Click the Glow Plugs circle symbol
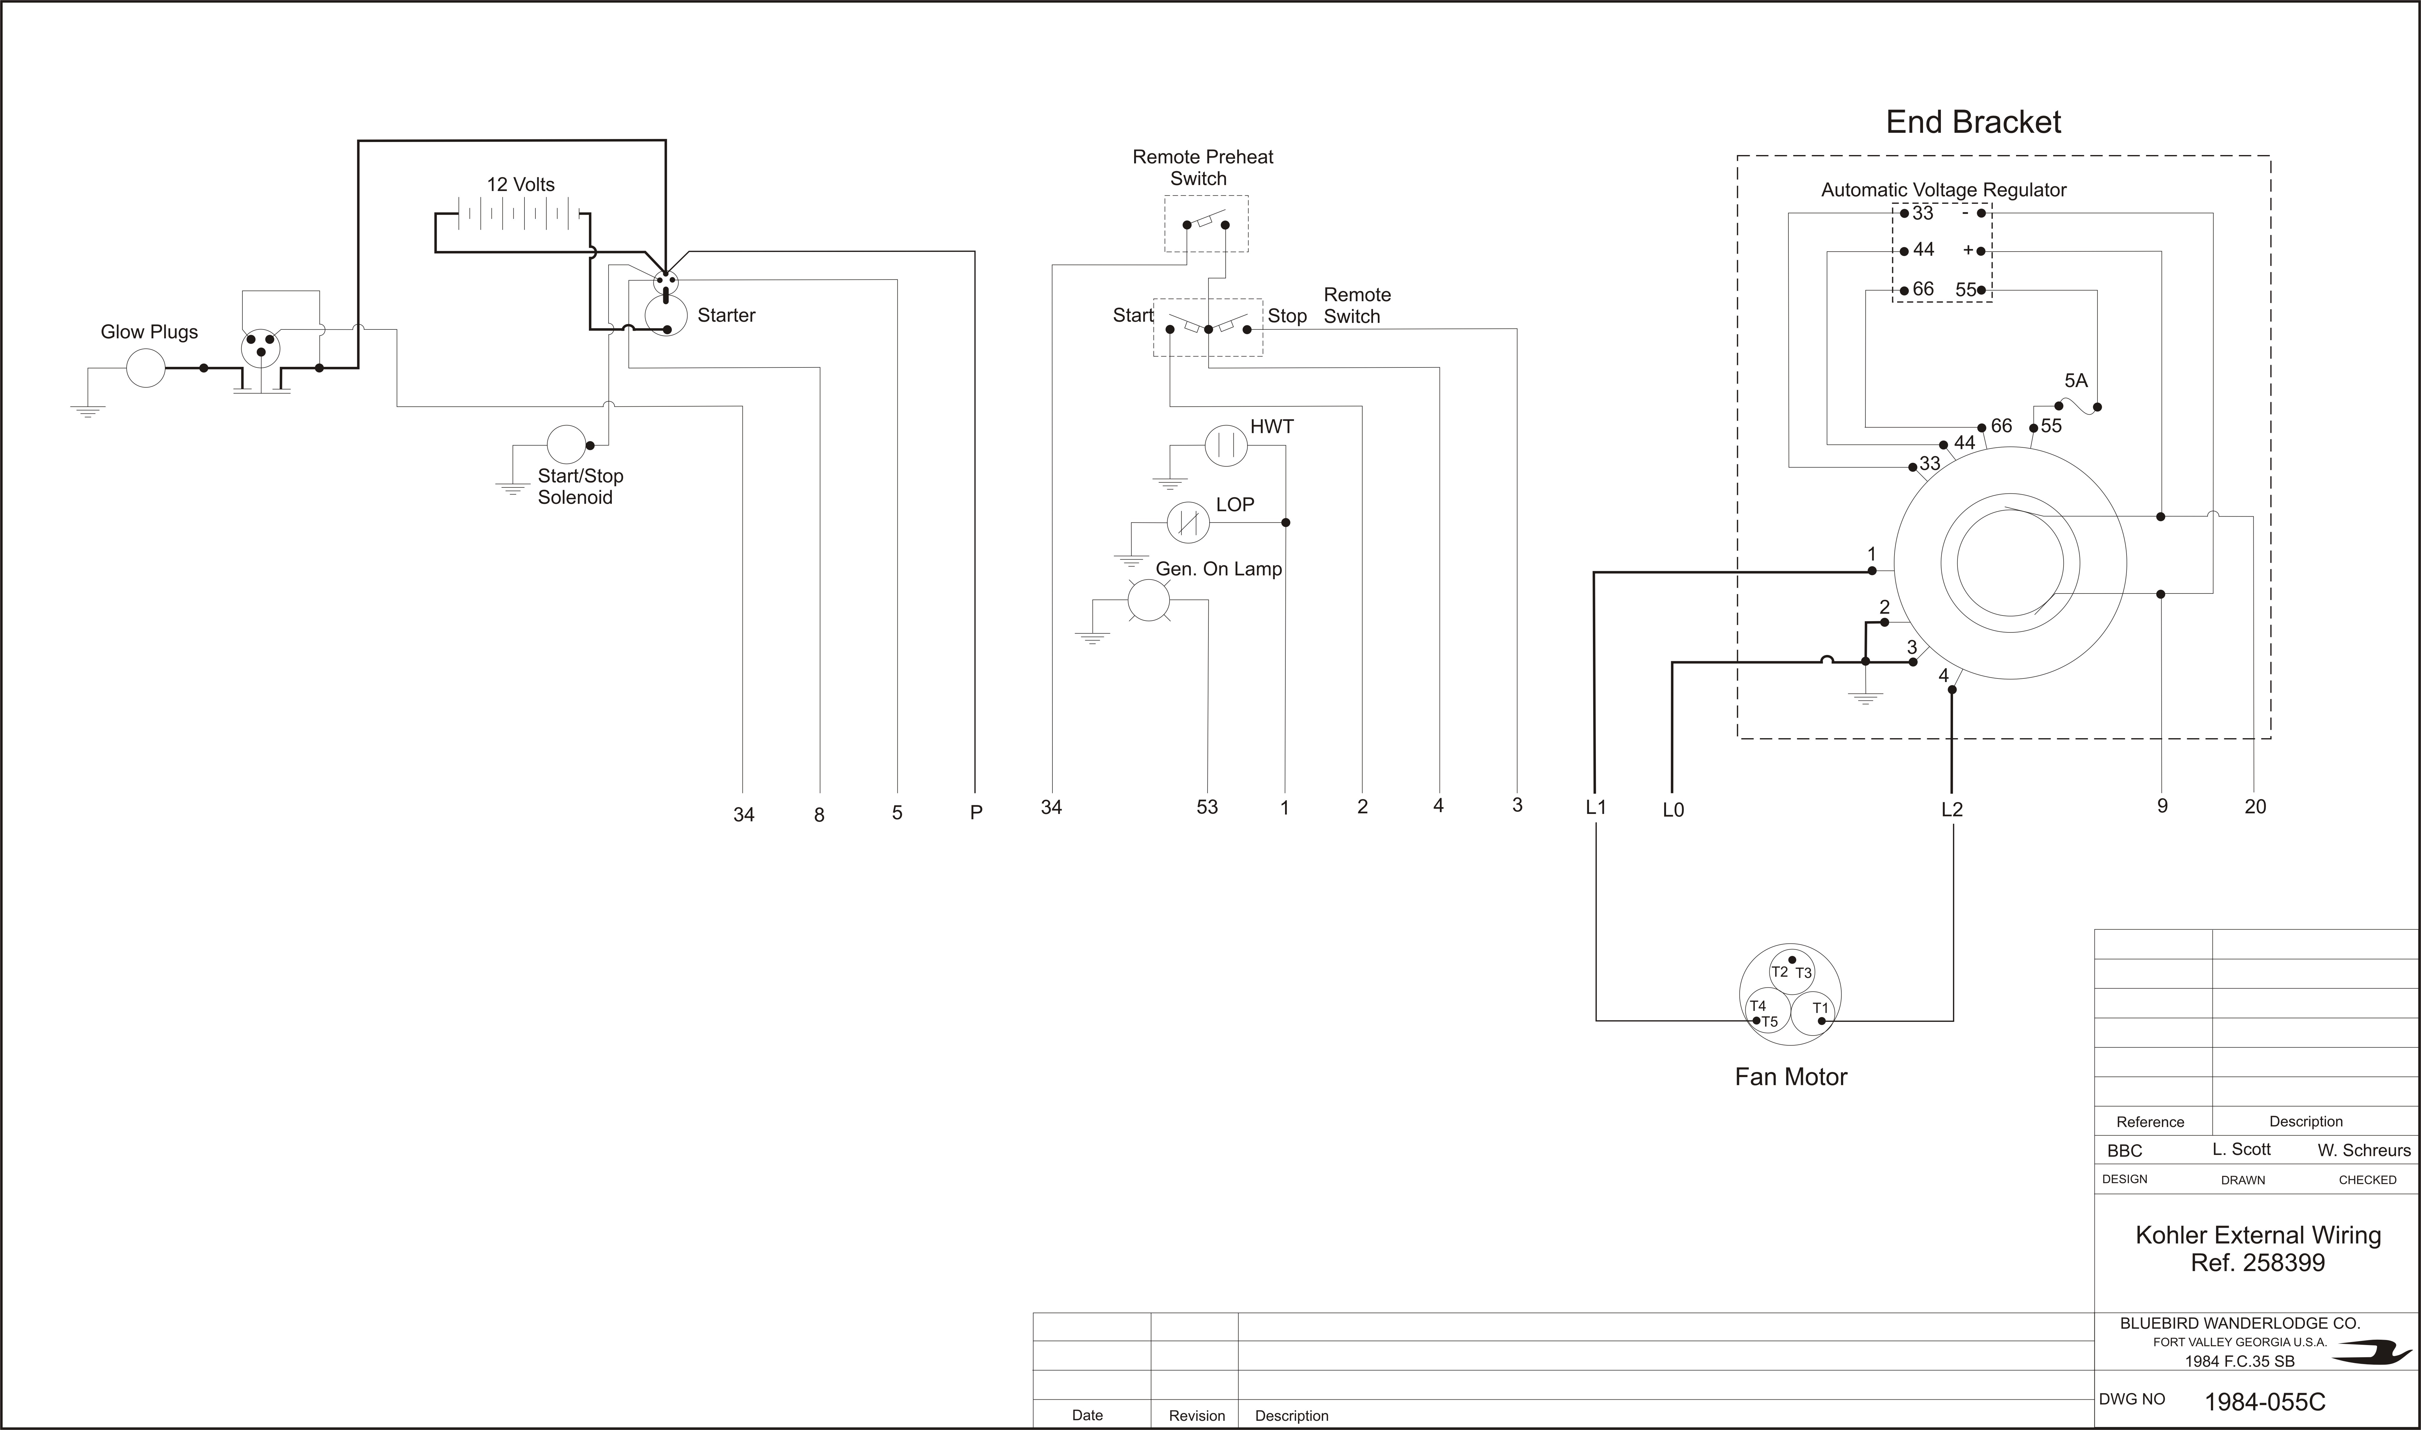coord(146,368)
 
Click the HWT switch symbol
coord(1226,445)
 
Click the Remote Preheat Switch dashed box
coord(1206,224)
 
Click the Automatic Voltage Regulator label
coord(1943,190)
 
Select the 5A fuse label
coord(2076,381)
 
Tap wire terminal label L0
coord(1673,810)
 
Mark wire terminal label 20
coord(2255,806)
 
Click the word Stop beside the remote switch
coord(1287,316)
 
